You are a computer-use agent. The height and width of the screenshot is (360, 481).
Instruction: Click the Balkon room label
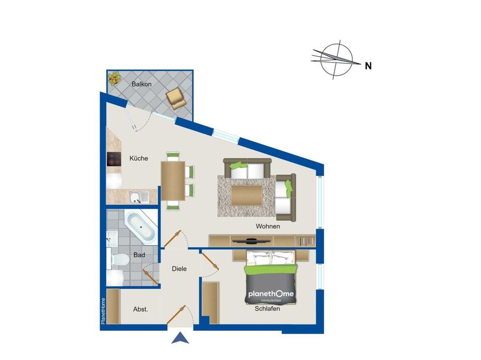click(x=142, y=84)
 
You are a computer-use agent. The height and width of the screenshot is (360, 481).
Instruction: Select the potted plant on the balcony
click(x=114, y=79)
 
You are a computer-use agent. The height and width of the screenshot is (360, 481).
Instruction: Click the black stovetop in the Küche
click(x=114, y=159)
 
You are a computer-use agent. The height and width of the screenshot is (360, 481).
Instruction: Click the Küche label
click(x=139, y=158)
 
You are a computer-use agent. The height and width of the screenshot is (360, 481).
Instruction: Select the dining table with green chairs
click(x=174, y=181)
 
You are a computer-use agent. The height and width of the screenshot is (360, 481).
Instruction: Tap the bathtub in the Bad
click(x=141, y=227)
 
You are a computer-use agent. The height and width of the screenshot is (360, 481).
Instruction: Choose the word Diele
click(x=180, y=269)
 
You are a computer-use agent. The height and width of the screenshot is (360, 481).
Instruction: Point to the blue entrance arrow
click(x=181, y=337)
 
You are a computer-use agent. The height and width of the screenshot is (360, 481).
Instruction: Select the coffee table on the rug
click(x=246, y=194)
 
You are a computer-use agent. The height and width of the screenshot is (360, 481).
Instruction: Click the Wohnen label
click(x=268, y=227)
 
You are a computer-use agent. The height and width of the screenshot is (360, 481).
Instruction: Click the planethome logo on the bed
click(x=271, y=295)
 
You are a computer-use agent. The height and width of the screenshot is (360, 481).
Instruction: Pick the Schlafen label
click(x=268, y=309)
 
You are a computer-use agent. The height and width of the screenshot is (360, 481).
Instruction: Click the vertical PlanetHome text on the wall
click(x=103, y=311)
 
